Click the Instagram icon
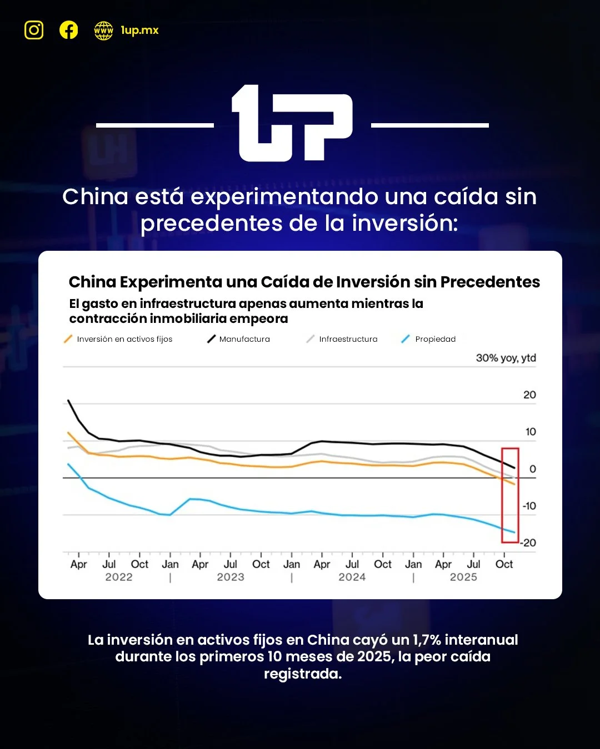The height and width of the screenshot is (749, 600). pos(34,30)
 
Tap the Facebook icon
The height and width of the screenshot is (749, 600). pos(69,30)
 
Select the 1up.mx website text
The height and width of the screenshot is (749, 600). pos(139,31)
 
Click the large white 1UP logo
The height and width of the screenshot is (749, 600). pos(292,124)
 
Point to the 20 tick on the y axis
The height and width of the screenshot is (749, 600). pos(529,395)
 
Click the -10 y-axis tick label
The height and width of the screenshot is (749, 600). pos(529,506)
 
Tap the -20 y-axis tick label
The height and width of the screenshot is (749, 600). pos(529,543)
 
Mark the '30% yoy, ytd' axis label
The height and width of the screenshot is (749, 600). pos(506,358)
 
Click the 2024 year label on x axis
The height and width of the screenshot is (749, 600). pos(352,577)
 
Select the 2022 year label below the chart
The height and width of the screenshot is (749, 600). pos(119,577)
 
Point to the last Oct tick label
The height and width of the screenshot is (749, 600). pos(504,564)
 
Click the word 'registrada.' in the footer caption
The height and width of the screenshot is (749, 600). pos(303,674)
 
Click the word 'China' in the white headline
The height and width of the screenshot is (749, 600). pos(95,196)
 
